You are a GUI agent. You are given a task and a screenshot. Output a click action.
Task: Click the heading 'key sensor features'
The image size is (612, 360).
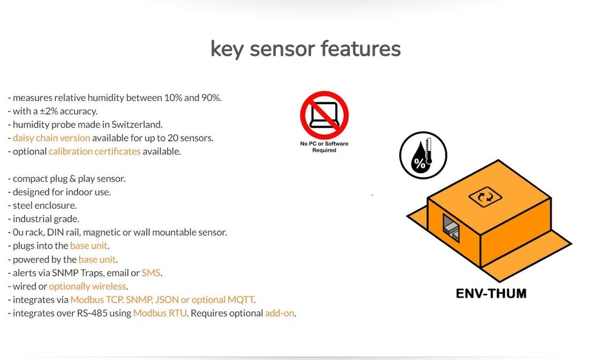tap(305, 48)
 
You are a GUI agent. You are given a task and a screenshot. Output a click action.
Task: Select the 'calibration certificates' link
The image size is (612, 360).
tap(95, 151)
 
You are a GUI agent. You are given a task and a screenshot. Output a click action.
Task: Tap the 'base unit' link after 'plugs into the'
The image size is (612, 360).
tap(89, 246)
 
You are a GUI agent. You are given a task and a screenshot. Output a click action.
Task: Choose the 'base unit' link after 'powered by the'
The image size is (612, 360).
tap(97, 260)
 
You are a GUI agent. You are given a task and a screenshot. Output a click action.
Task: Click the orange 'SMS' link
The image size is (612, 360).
tap(151, 273)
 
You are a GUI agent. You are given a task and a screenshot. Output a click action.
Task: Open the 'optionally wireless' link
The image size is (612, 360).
tap(88, 287)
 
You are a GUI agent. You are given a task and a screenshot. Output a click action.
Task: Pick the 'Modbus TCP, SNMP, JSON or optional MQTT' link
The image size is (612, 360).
tap(162, 300)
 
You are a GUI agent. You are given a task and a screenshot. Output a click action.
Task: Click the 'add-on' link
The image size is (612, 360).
tap(280, 313)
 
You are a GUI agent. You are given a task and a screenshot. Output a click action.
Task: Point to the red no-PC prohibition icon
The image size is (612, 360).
tap(324, 116)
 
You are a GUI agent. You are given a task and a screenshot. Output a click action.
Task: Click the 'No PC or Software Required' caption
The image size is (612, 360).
tap(324, 148)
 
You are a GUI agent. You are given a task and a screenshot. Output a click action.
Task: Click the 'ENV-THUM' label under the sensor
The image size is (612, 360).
tap(491, 293)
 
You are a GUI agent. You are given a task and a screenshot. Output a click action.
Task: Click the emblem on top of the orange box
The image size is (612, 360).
tap(485, 197)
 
